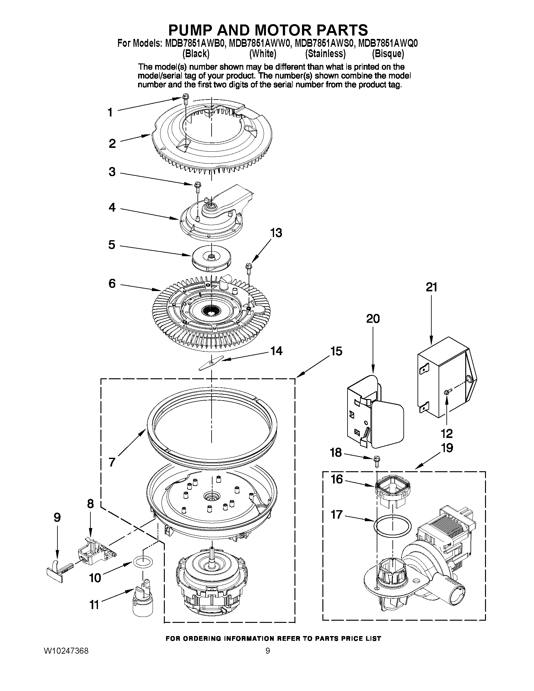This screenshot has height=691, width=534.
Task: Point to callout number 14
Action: coord(276,351)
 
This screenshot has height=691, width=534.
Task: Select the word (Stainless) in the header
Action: coord(325,54)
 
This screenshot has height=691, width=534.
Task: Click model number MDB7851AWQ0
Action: coord(388,43)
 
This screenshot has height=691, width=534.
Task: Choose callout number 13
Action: coord(276,233)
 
